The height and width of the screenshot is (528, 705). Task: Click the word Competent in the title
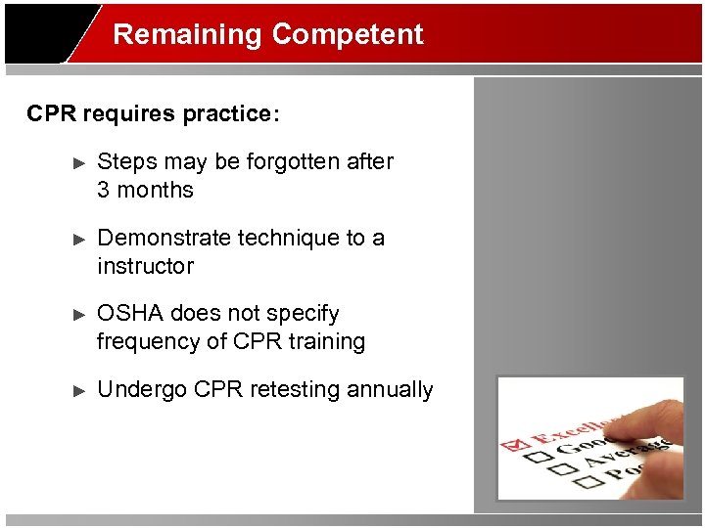click(348, 34)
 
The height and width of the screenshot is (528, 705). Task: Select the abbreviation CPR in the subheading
click(52, 114)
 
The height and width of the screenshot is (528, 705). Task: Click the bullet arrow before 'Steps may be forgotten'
click(80, 162)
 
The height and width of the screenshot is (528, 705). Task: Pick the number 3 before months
click(104, 190)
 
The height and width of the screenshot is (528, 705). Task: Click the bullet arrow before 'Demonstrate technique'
click(80, 239)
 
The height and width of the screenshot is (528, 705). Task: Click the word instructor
click(145, 266)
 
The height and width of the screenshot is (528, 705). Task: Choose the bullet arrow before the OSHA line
click(80, 315)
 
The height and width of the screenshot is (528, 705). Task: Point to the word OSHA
click(131, 314)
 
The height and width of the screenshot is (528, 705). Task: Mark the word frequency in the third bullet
click(150, 342)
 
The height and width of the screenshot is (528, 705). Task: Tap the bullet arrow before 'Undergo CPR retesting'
click(80, 390)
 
